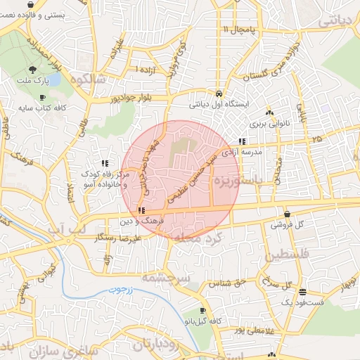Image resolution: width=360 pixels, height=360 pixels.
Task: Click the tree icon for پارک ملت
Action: point(33,69)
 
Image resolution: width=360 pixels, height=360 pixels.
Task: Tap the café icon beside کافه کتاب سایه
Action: point(42,98)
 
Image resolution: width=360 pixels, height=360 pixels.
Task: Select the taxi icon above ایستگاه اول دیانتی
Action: point(219,94)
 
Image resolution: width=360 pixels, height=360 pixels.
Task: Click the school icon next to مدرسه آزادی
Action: point(242,140)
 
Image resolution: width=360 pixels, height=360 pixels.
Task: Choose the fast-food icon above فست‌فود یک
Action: point(302,292)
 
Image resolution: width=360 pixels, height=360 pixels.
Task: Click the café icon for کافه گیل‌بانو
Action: point(202,310)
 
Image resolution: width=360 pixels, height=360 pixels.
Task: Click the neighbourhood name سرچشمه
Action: point(167,278)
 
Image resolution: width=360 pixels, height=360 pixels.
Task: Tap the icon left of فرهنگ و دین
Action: point(142,210)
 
